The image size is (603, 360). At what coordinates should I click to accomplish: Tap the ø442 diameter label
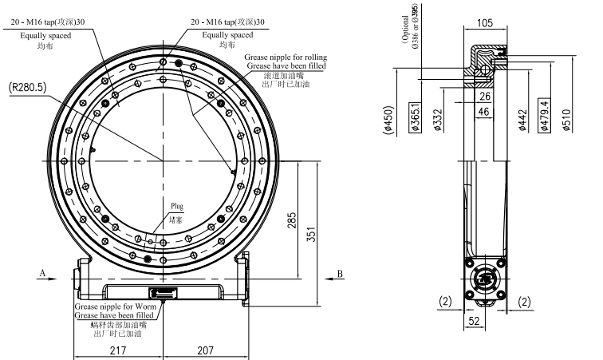pyautogui.click(x=523, y=120)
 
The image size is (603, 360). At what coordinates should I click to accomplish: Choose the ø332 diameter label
pyautogui.click(x=438, y=120)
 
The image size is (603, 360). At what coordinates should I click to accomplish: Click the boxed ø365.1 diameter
pyautogui.click(x=415, y=117)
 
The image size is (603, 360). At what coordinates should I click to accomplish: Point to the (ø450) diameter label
pyautogui.click(x=391, y=120)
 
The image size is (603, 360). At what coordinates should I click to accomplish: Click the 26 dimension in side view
pyautogui.click(x=485, y=97)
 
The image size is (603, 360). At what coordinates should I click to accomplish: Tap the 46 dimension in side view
pyautogui.click(x=485, y=113)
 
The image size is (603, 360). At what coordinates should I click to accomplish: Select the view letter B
pyautogui.click(x=340, y=273)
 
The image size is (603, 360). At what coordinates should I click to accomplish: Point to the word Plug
pyautogui.click(x=176, y=206)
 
